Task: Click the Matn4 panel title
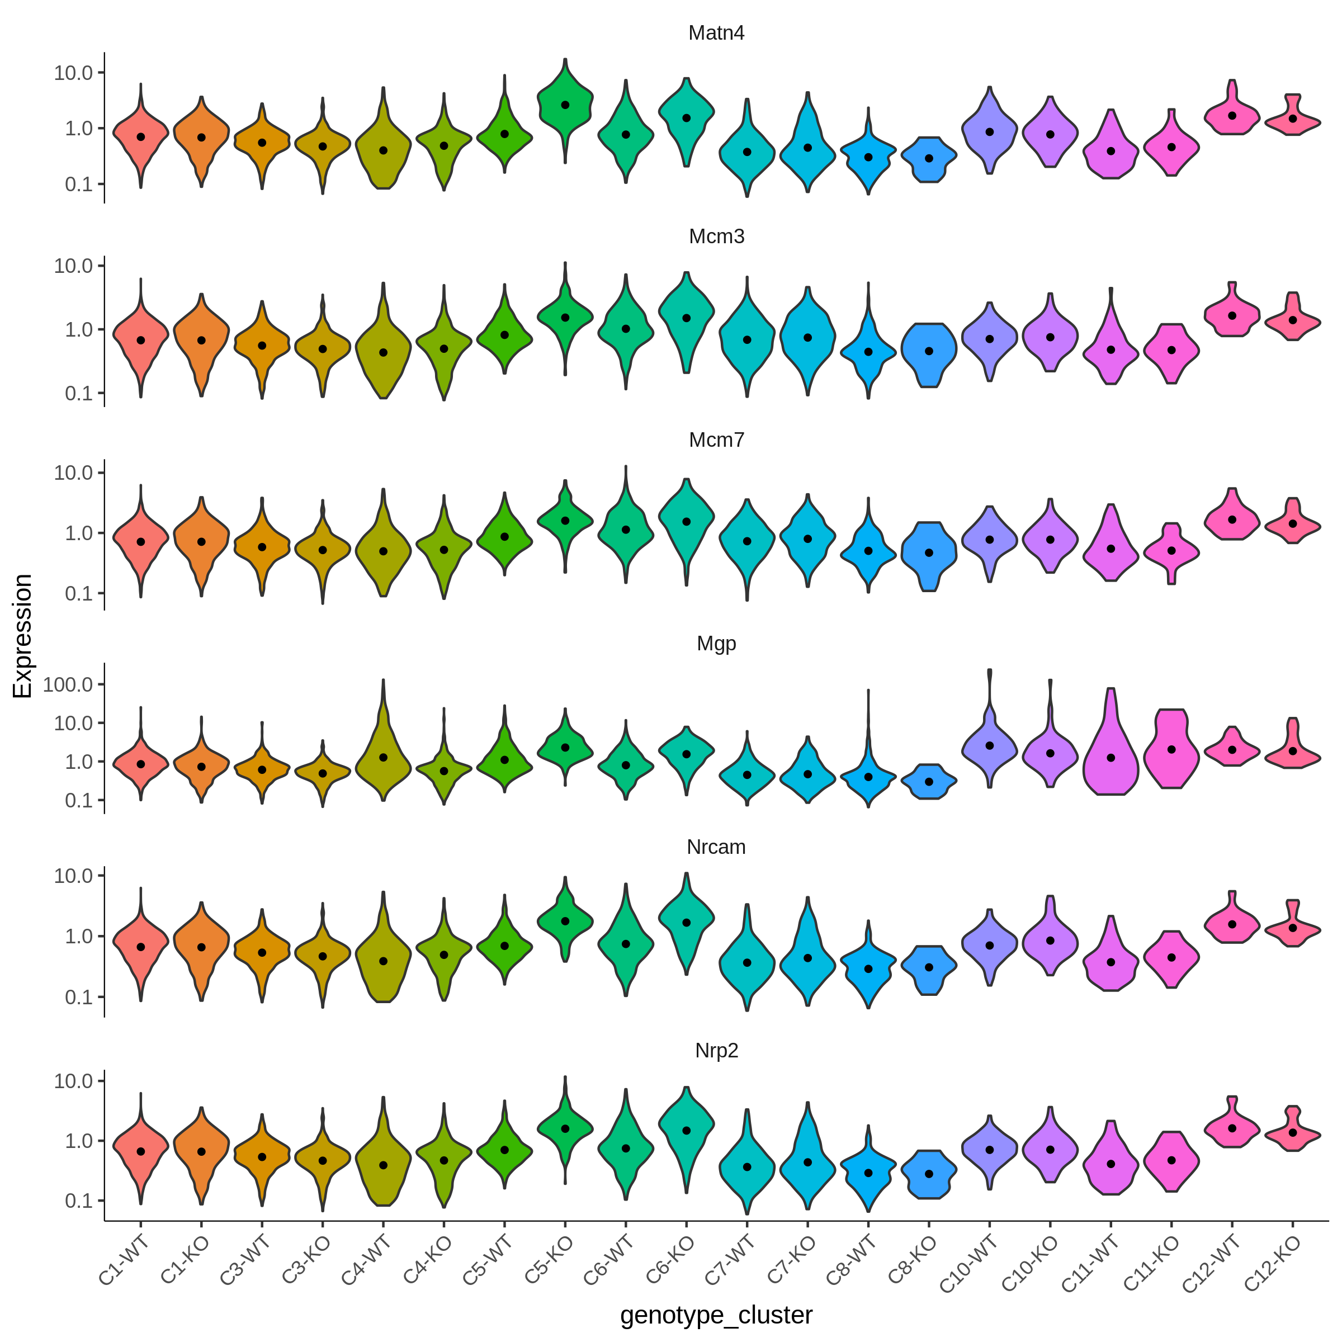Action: coord(716,34)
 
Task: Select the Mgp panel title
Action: coord(716,644)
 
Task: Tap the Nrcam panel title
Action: coord(716,848)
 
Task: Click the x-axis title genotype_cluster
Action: coord(716,1315)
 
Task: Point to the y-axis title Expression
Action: coord(22,636)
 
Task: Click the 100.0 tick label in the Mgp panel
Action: coord(68,685)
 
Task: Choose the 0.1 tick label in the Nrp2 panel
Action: coord(79,1201)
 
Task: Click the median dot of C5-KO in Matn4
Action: coord(565,105)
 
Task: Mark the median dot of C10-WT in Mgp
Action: coord(990,746)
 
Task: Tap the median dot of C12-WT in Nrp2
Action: coord(1232,1128)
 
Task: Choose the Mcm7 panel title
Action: coord(716,441)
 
